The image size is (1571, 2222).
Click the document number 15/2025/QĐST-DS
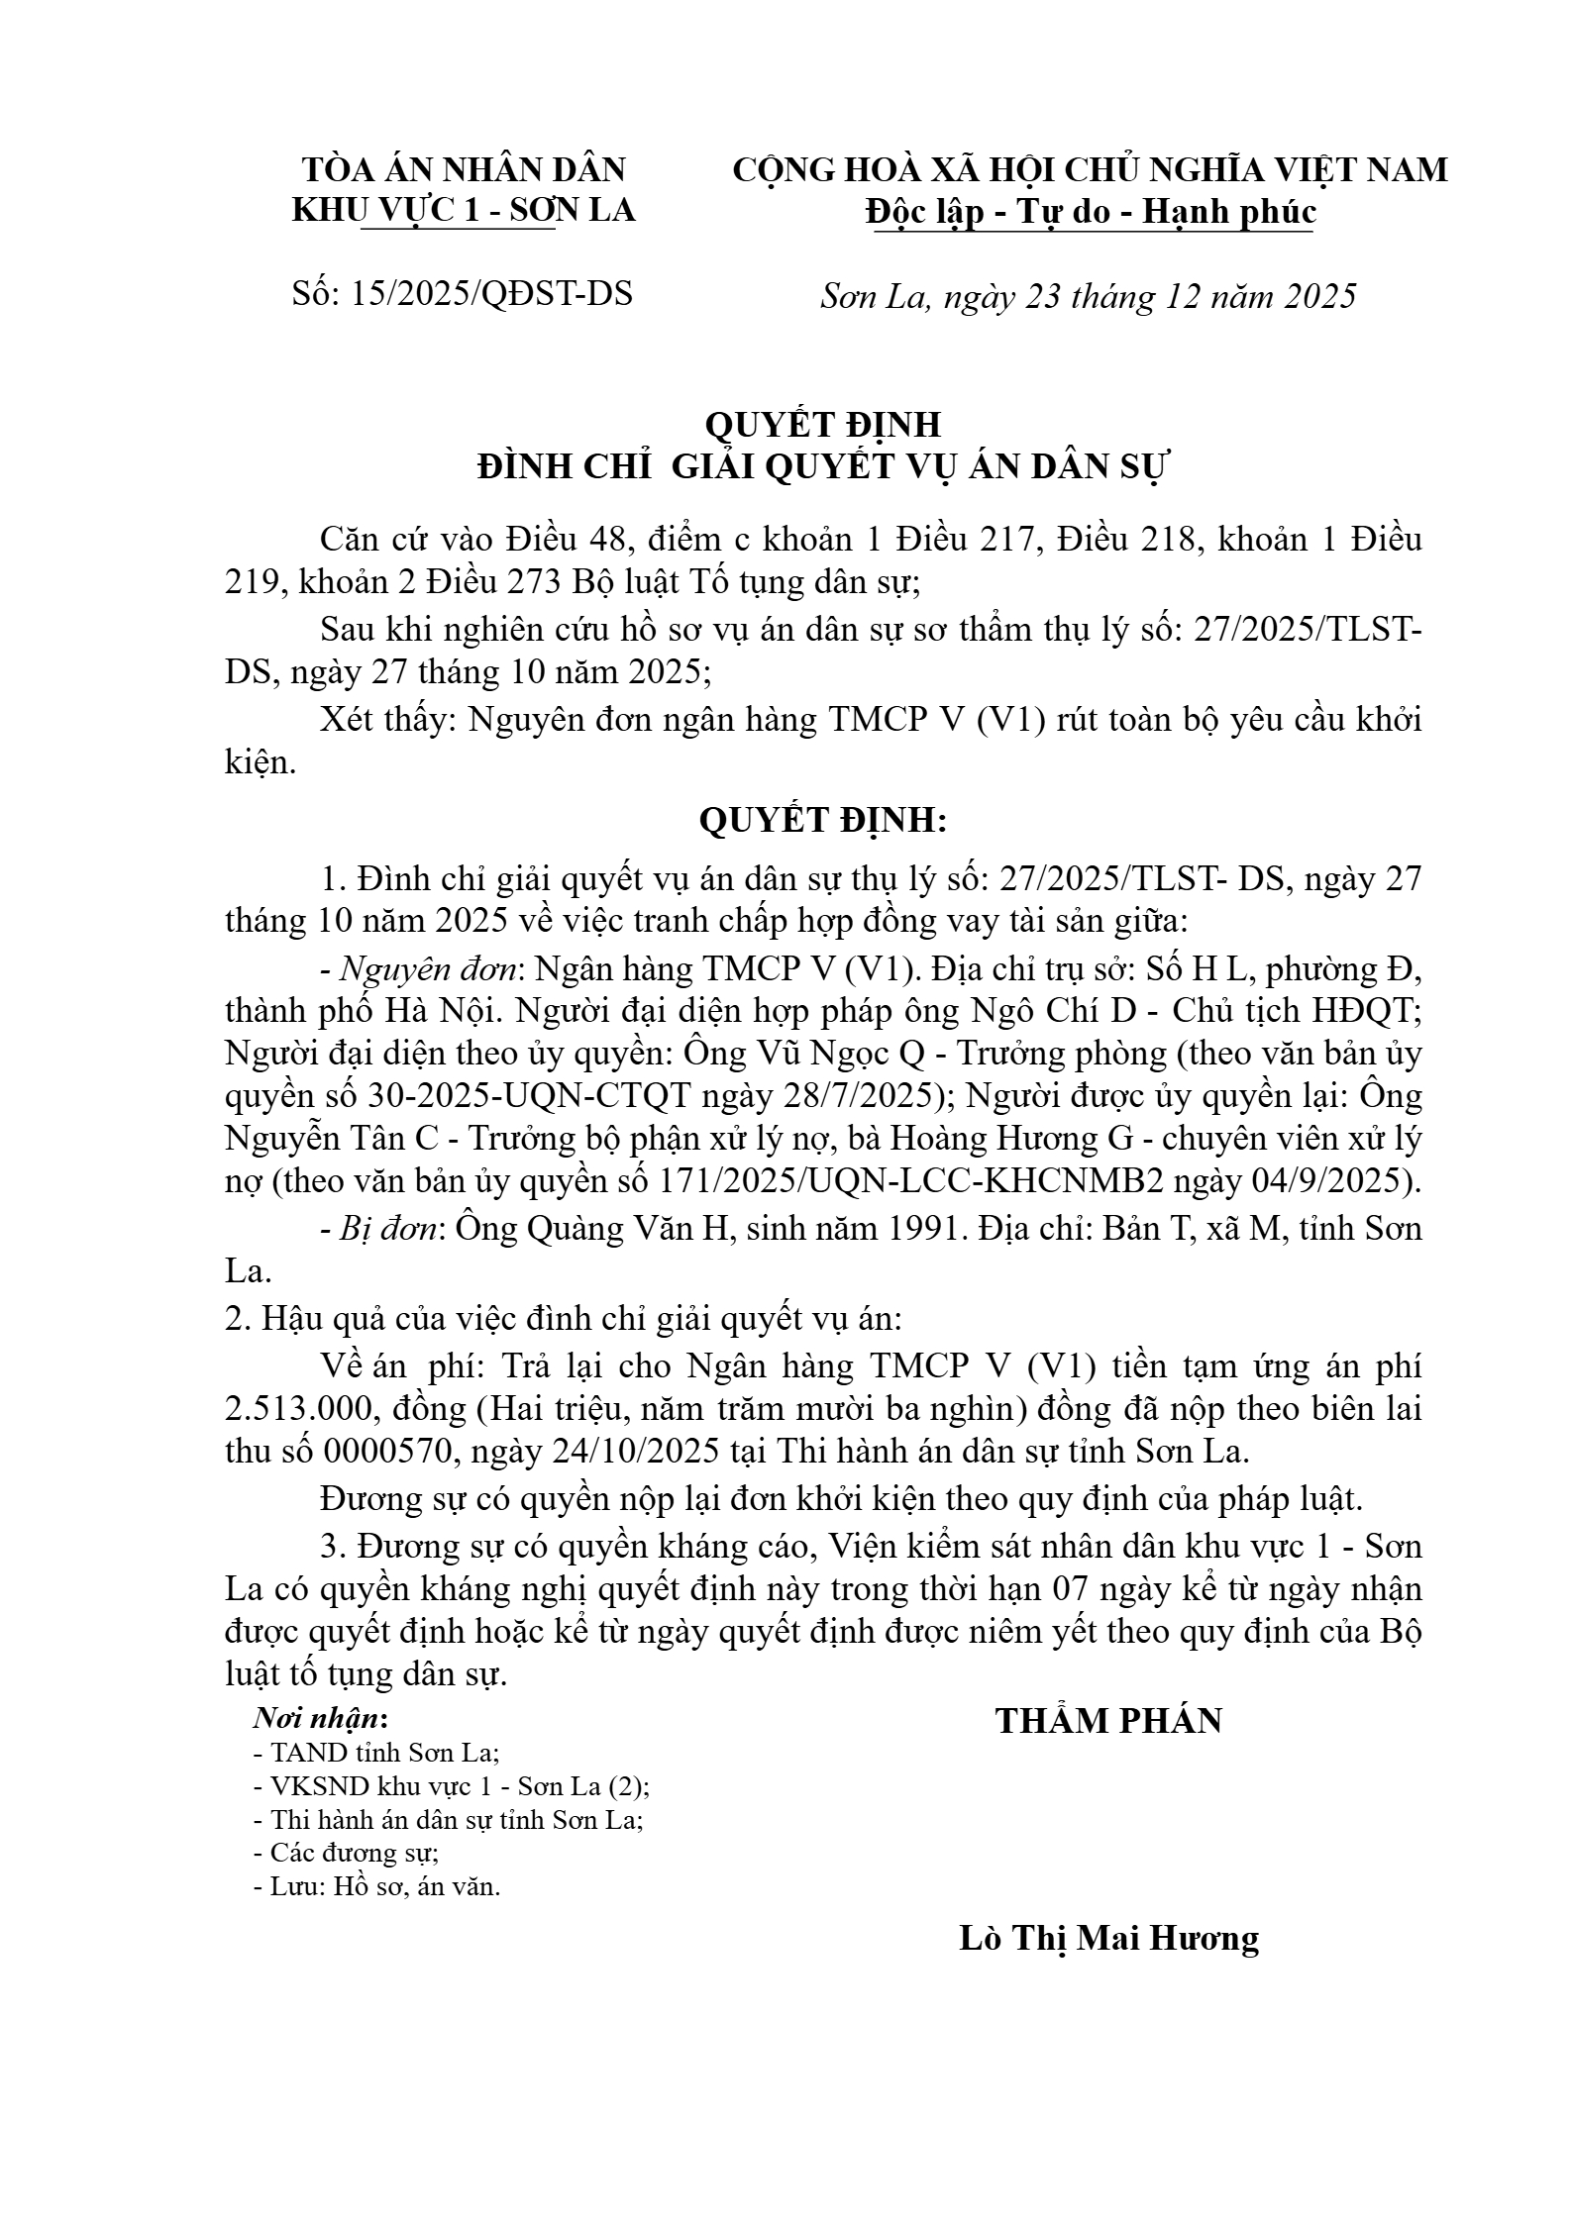[491, 294]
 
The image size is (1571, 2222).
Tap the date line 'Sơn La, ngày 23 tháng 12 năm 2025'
[1088, 296]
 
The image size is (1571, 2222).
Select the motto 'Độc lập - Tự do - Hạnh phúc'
[1090, 212]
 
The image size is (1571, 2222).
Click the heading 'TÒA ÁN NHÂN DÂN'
[464, 169]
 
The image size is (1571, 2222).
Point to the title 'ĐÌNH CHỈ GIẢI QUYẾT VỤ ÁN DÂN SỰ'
[822, 466]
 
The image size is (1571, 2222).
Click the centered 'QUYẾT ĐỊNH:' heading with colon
[822, 821]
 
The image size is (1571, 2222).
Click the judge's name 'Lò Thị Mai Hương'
[1108, 1937]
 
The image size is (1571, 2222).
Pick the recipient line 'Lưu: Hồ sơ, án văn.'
[377, 1885]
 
